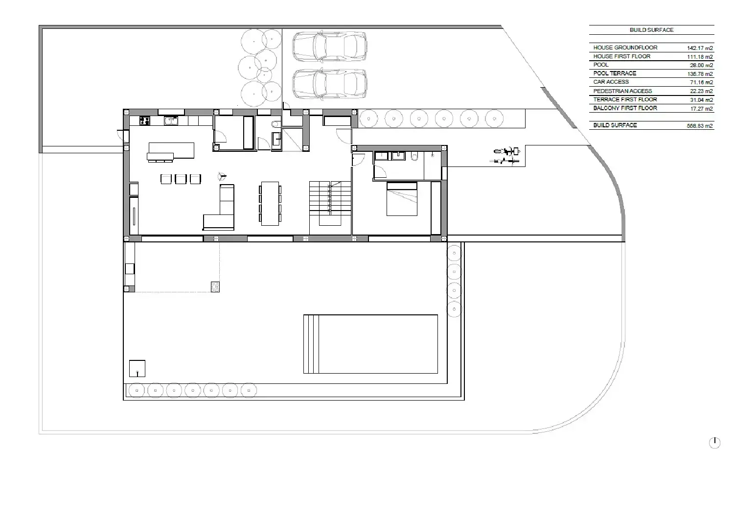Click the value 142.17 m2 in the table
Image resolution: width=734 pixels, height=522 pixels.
click(x=700, y=48)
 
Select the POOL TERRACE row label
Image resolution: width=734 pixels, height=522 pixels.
click(x=615, y=73)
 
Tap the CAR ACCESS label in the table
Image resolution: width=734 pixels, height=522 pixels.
click(x=611, y=82)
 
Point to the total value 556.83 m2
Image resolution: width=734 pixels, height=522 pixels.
click(x=700, y=126)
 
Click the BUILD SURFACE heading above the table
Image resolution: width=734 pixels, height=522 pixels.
click(x=651, y=30)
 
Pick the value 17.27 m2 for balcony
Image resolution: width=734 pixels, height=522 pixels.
click(x=701, y=109)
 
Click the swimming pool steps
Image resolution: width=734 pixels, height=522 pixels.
click(x=311, y=344)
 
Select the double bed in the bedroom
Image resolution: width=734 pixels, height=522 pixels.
click(x=402, y=199)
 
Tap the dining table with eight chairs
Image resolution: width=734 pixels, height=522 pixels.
click(x=270, y=203)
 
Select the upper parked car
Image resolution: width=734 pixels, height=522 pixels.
click(x=329, y=47)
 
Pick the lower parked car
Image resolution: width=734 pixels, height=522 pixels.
click(x=329, y=84)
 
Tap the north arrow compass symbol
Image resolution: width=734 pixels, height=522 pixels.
click(x=714, y=443)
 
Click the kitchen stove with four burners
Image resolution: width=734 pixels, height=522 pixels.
click(x=145, y=120)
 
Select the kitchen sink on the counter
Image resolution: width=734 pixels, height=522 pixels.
click(x=171, y=120)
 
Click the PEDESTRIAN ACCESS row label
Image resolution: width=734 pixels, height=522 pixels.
click(x=622, y=91)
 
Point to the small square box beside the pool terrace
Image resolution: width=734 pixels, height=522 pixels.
click(x=137, y=368)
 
